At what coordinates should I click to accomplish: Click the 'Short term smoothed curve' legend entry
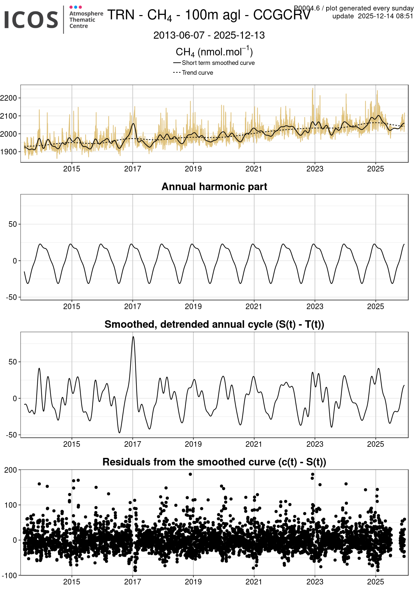[218, 63]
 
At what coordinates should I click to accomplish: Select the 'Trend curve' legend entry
[197, 73]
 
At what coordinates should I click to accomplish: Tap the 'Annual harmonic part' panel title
[214, 187]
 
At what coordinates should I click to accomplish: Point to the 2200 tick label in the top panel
[9, 98]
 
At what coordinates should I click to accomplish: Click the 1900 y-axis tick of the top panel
[9, 152]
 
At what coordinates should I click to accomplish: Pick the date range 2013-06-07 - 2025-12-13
[209, 35]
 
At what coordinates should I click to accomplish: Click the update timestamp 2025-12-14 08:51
[386, 16]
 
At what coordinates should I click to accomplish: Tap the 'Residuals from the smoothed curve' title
[214, 462]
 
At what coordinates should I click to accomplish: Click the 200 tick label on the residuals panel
[10, 470]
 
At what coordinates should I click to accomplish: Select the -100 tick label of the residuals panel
[9, 576]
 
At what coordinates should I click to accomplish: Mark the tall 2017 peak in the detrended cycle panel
[133, 337]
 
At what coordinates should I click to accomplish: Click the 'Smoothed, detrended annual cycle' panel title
[214, 324]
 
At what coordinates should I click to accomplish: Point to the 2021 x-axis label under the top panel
[254, 169]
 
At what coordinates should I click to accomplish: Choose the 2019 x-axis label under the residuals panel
[193, 582]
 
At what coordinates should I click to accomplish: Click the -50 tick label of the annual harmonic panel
[11, 297]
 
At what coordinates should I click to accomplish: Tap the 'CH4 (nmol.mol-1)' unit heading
[214, 52]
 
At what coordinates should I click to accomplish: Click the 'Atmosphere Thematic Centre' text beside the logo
[86, 20]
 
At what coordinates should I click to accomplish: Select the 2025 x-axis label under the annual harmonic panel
[375, 306]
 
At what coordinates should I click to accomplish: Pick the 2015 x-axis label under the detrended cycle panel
[71, 444]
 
